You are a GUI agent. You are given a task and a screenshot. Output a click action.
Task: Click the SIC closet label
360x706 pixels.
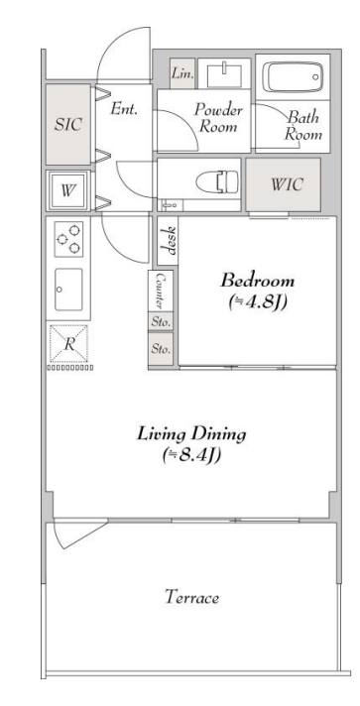68,124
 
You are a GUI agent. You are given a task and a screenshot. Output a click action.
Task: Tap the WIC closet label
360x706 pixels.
287,184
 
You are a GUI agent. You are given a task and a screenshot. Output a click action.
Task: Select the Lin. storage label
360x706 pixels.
182,73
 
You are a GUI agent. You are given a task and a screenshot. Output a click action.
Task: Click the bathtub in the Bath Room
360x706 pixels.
293,77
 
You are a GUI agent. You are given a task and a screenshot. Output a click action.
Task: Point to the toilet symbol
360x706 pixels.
217,181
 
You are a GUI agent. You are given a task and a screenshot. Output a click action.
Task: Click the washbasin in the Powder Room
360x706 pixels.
224,74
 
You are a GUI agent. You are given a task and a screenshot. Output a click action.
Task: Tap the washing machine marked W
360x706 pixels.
67,190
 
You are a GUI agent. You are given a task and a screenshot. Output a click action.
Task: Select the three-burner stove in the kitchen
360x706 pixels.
69,239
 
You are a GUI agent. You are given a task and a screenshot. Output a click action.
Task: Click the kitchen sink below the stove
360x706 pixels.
68,290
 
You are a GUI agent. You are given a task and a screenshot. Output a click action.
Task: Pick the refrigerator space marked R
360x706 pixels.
68,344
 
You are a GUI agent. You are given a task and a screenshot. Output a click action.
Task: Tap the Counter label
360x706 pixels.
160,291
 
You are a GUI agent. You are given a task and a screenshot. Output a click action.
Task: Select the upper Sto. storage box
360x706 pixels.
161,321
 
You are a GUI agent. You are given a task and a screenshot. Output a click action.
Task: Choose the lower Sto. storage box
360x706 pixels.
161,349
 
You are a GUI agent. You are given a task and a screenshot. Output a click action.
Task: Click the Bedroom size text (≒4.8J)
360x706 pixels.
257,301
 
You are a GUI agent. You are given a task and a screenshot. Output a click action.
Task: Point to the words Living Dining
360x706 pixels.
192,434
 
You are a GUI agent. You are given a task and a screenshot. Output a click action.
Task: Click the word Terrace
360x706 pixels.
192,598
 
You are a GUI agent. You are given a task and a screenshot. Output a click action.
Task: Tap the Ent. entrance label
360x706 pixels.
124,108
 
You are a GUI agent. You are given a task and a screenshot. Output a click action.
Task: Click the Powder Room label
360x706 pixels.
218,118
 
